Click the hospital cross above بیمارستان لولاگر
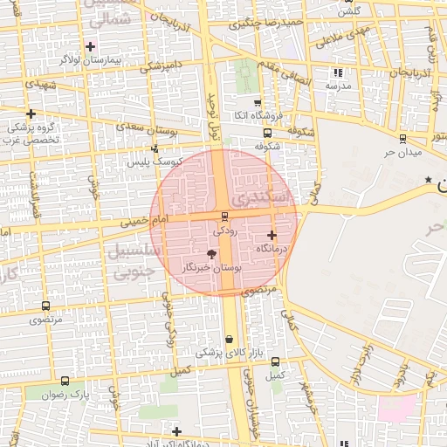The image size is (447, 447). [90, 46]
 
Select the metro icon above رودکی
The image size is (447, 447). [225, 217]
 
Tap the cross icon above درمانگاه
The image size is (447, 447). [272, 235]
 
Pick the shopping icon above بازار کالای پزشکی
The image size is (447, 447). [229, 340]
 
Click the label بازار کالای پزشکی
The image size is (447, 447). [217, 353]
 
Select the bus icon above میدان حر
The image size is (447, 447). [402, 138]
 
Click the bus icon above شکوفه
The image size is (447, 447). [266, 134]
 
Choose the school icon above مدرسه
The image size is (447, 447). [339, 73]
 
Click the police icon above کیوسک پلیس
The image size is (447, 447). [155, 148]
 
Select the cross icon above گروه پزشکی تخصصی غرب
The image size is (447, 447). [31, 113]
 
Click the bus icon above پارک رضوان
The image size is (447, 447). [65, 382]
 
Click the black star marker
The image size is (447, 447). [428, 180]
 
